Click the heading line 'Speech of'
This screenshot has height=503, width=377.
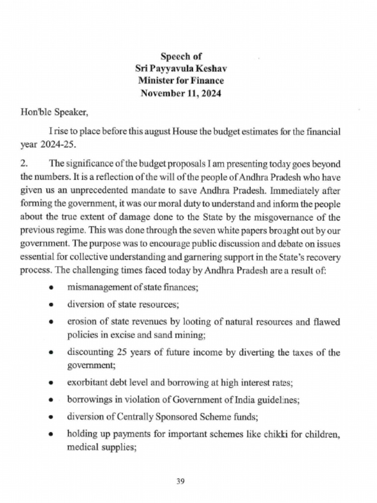181,56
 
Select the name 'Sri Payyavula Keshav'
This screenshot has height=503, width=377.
181,68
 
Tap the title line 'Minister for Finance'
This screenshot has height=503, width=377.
181,81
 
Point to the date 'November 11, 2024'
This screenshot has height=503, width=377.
181,93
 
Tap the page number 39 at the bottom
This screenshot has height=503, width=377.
180,481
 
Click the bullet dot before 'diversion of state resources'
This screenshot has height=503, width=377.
51,305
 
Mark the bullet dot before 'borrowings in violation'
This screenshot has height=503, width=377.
51,401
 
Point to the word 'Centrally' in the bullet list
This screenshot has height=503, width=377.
133,417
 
